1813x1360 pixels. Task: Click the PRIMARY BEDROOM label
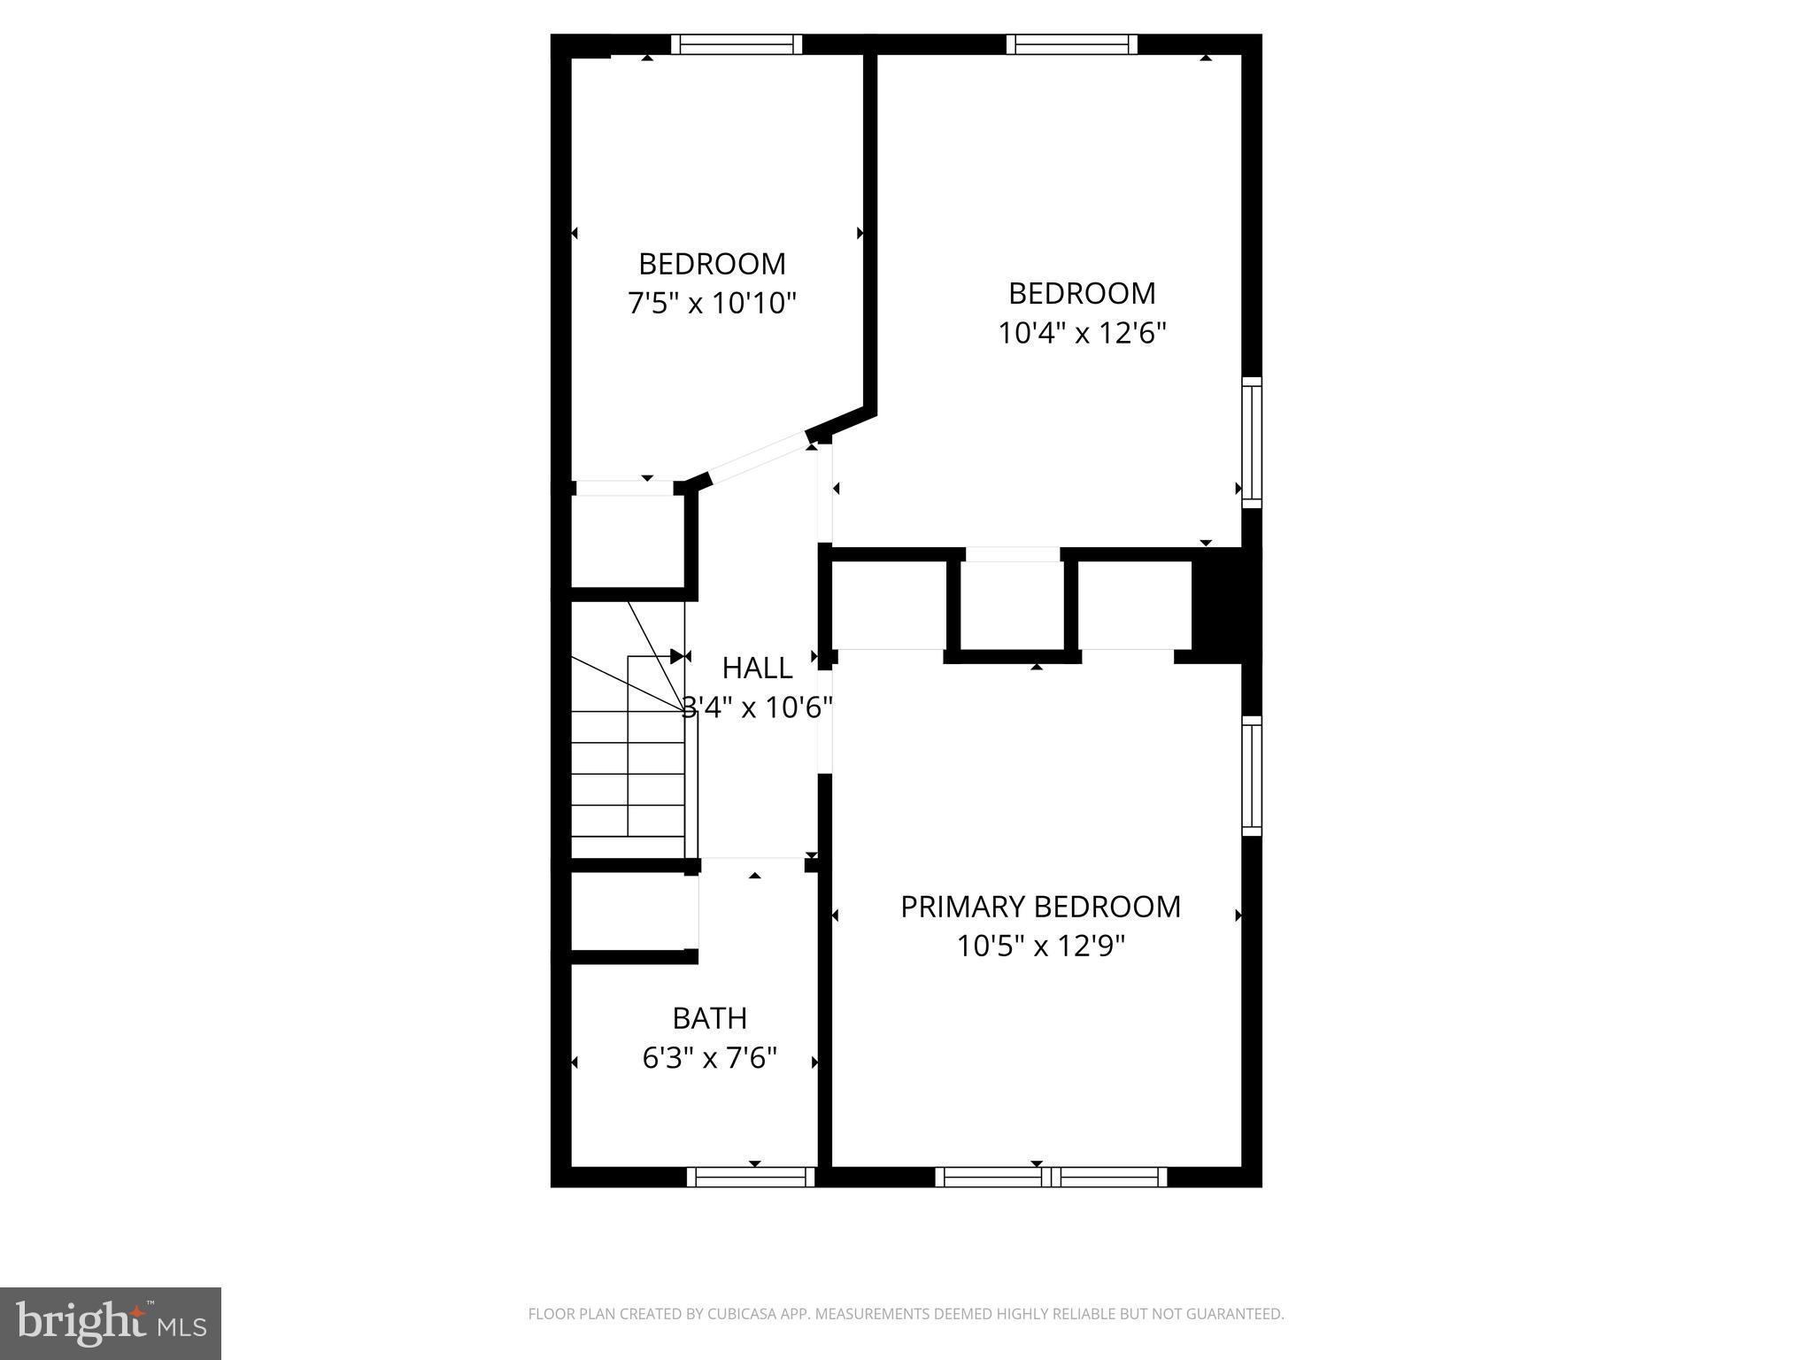tap(1040, 907)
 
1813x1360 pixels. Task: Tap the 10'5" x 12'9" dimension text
tap(1040, 947)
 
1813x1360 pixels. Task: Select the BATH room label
tap(709, 1018)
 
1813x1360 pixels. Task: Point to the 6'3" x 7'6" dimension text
tap(709, 1058)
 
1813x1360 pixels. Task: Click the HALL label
tap(757, 668)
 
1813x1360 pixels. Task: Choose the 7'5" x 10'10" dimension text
tap(712, 304)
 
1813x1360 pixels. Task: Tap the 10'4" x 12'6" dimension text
tap(1082, 333)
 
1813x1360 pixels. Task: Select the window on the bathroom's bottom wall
tap(751, 1177)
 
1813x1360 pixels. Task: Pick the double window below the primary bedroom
tap(1051, 1177)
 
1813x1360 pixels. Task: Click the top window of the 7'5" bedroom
tap(736, 44)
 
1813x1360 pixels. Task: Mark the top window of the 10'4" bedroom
tap(1071, 44)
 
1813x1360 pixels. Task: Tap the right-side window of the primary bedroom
tap(1251, 776)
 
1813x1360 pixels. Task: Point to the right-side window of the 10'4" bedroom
tap(1251, 442)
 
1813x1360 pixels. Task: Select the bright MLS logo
tap(110, 1323)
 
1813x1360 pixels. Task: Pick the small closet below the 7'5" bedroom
tap(627, 540)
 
